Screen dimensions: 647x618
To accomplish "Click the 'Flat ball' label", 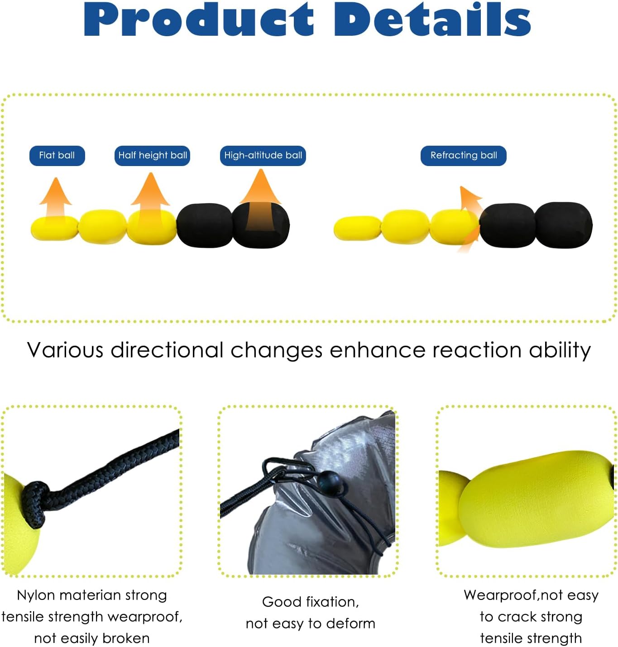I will [57, 156].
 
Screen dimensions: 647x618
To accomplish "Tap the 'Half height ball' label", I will [152, 156].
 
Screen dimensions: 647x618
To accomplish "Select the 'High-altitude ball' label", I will [263, 156].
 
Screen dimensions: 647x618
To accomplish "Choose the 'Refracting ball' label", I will [464, 156].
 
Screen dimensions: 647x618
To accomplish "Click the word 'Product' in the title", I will [199, 20].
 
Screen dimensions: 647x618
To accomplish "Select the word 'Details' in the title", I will [432, 20].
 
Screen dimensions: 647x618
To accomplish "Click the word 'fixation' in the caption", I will [333, 602].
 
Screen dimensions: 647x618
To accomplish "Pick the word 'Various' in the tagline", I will [66, 351].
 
